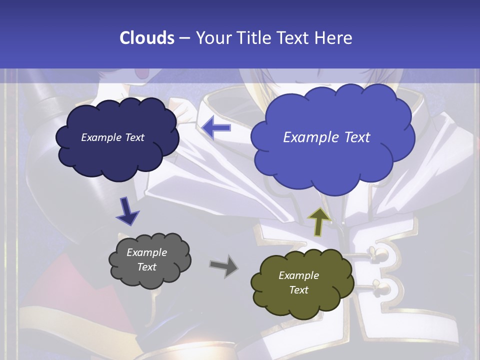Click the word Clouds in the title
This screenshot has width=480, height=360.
tap(147, 38)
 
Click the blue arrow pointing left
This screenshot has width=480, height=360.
tap(217, 128)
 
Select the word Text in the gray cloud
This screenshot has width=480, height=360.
tap(147, 267)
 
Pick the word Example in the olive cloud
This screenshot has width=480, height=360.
tap(298, 275)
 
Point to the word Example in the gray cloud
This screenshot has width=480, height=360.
tap(147, 252)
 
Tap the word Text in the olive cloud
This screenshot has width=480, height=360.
tap(298, 290)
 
